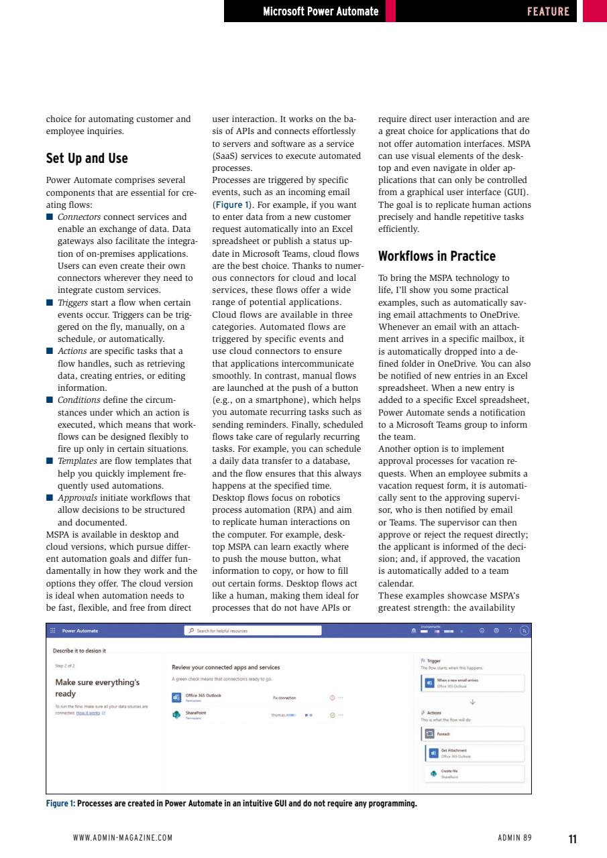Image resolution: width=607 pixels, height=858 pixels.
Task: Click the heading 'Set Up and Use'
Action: [x=87, y=159]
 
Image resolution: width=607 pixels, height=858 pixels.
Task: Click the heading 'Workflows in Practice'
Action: [x=437, y=256]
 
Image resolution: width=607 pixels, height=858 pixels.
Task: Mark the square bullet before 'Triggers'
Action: [x=50, y=302]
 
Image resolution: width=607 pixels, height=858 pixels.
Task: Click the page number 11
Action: [x=572, y=839]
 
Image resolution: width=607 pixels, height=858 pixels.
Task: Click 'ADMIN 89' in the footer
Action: [x=514, y=838]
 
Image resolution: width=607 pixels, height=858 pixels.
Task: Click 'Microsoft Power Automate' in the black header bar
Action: [x=321, y=11]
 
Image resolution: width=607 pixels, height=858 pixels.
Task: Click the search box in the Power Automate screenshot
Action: [x=253, y=631]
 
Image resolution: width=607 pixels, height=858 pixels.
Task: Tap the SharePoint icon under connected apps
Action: [x=176, y=714]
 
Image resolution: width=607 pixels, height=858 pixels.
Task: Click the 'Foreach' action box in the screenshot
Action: [x=473, y=733]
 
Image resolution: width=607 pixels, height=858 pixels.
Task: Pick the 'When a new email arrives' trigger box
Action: [x=473, y=682]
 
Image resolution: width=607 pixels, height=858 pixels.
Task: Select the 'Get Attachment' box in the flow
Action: [x=475, y=753]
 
